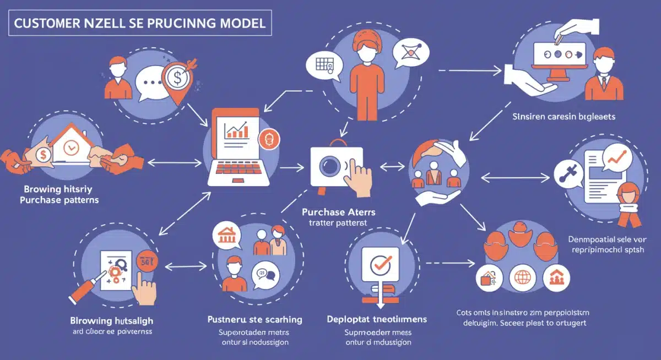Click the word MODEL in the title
click(241, 24)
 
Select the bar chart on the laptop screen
click(236, 130)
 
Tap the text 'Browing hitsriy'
click(51, 188)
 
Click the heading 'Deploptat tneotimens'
click(377, 319)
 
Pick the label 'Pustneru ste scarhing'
click(254, 319)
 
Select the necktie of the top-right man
click(604, 83)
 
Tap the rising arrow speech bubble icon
click(617, 159)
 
